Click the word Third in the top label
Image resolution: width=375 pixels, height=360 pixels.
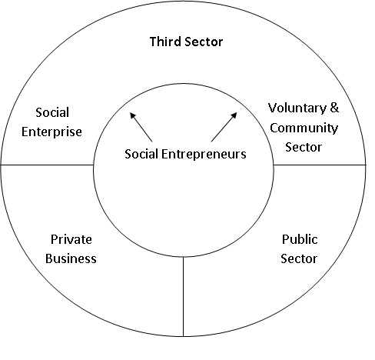(165, 42)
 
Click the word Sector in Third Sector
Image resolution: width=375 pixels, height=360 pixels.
(204, 42)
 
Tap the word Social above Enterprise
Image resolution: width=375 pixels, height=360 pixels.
(52, 112)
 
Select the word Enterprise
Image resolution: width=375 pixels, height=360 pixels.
(51, 132)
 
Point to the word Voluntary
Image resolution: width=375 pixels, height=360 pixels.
(297, 108)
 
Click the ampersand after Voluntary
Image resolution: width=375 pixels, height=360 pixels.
(334, 108)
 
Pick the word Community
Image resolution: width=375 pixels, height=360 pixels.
(304, 128)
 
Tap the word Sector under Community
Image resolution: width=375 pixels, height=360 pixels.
(304, 147)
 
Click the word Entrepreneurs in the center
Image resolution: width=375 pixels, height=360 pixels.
(204, 155)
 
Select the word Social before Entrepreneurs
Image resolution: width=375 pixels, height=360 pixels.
(141, 154)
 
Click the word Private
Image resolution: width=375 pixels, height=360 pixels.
(71, 239)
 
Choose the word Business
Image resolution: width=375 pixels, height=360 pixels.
(71, 258)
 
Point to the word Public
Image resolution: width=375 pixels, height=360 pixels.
(300, 239)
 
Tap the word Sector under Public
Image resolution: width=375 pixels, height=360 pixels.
(299, 258)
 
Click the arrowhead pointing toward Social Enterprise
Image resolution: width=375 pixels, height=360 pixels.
(132, 115)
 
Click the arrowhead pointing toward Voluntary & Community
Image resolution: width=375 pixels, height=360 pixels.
(234, 115)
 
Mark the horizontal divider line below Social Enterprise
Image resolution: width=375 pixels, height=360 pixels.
(47, 165)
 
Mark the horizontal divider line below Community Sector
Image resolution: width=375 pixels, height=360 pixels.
(320, 165)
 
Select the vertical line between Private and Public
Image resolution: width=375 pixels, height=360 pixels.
(183, 296)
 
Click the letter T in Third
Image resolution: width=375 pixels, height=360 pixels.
(153, 42)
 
